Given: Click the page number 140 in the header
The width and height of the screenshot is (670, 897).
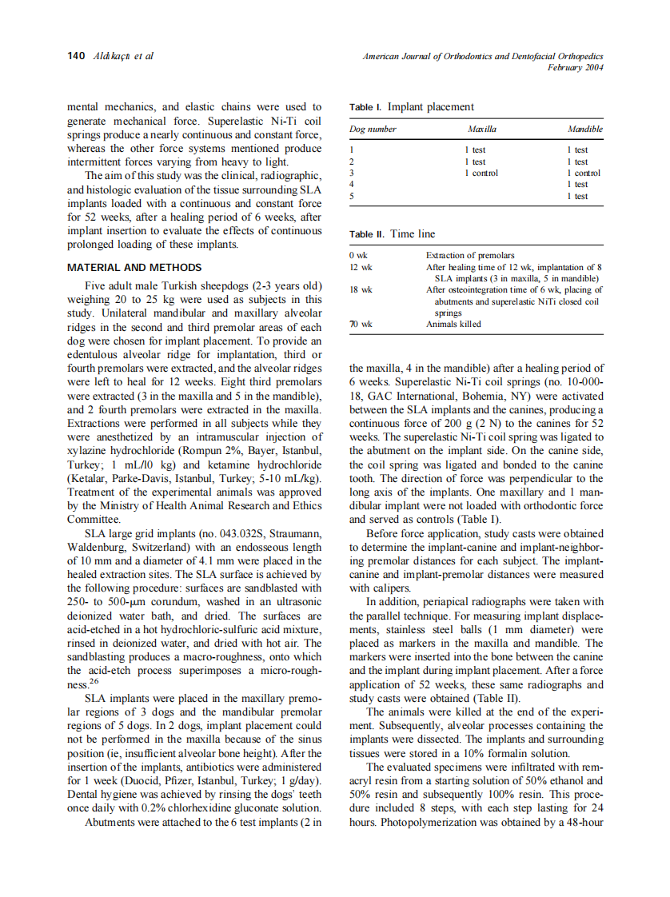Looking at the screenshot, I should tap(76, 56).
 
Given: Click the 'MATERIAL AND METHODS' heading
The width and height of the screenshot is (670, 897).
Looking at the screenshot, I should tap(134, 267).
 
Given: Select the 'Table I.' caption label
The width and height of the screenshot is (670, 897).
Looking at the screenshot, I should tap(366, 106).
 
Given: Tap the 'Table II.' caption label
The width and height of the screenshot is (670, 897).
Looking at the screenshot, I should tap(368, 234).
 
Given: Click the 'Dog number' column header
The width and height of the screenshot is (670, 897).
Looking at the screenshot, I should tap(373, 129).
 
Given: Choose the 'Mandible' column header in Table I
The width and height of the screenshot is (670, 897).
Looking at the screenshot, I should tap(584, 129).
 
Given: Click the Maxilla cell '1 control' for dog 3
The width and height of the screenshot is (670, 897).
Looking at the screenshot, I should tap(481, 173).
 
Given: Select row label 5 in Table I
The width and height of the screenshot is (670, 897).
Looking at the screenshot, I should tap(352, 196).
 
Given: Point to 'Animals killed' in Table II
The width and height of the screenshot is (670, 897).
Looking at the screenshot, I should tap(453, 324).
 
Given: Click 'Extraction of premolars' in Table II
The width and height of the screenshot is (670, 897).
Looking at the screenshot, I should tap(470, 255).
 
